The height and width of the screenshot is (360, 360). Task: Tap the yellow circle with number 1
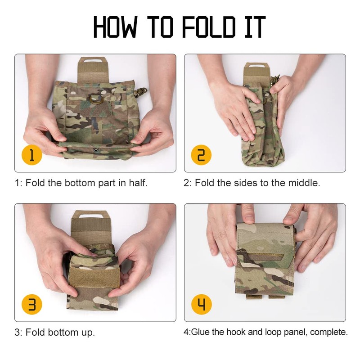pos(32,156)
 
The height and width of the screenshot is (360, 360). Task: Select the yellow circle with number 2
pos(201,156)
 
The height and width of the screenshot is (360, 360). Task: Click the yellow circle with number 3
pos(32,305)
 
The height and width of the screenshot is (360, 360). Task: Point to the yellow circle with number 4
pos(201,305)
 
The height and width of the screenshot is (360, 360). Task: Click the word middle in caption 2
pos(304,183)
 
